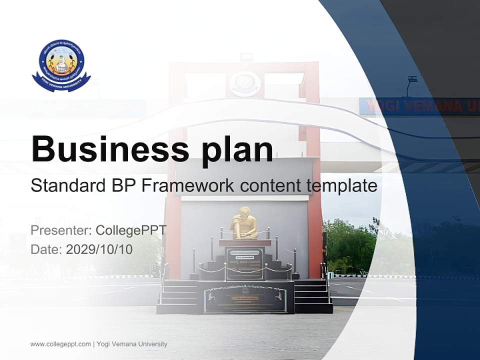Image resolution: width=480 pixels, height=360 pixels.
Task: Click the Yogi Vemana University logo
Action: [x=61, y=65]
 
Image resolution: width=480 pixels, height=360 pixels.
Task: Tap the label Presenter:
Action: [x=60, y=230]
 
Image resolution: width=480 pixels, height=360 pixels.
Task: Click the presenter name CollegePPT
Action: [x=131, y=230]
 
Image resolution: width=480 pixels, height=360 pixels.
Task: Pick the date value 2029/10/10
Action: [x=99, y=249]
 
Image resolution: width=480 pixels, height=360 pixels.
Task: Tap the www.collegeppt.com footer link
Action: [x=60, y=344]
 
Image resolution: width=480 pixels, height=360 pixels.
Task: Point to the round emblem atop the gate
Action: [x=244, y=83]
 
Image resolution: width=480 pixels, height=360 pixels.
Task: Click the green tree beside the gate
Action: [x=350, y=245]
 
